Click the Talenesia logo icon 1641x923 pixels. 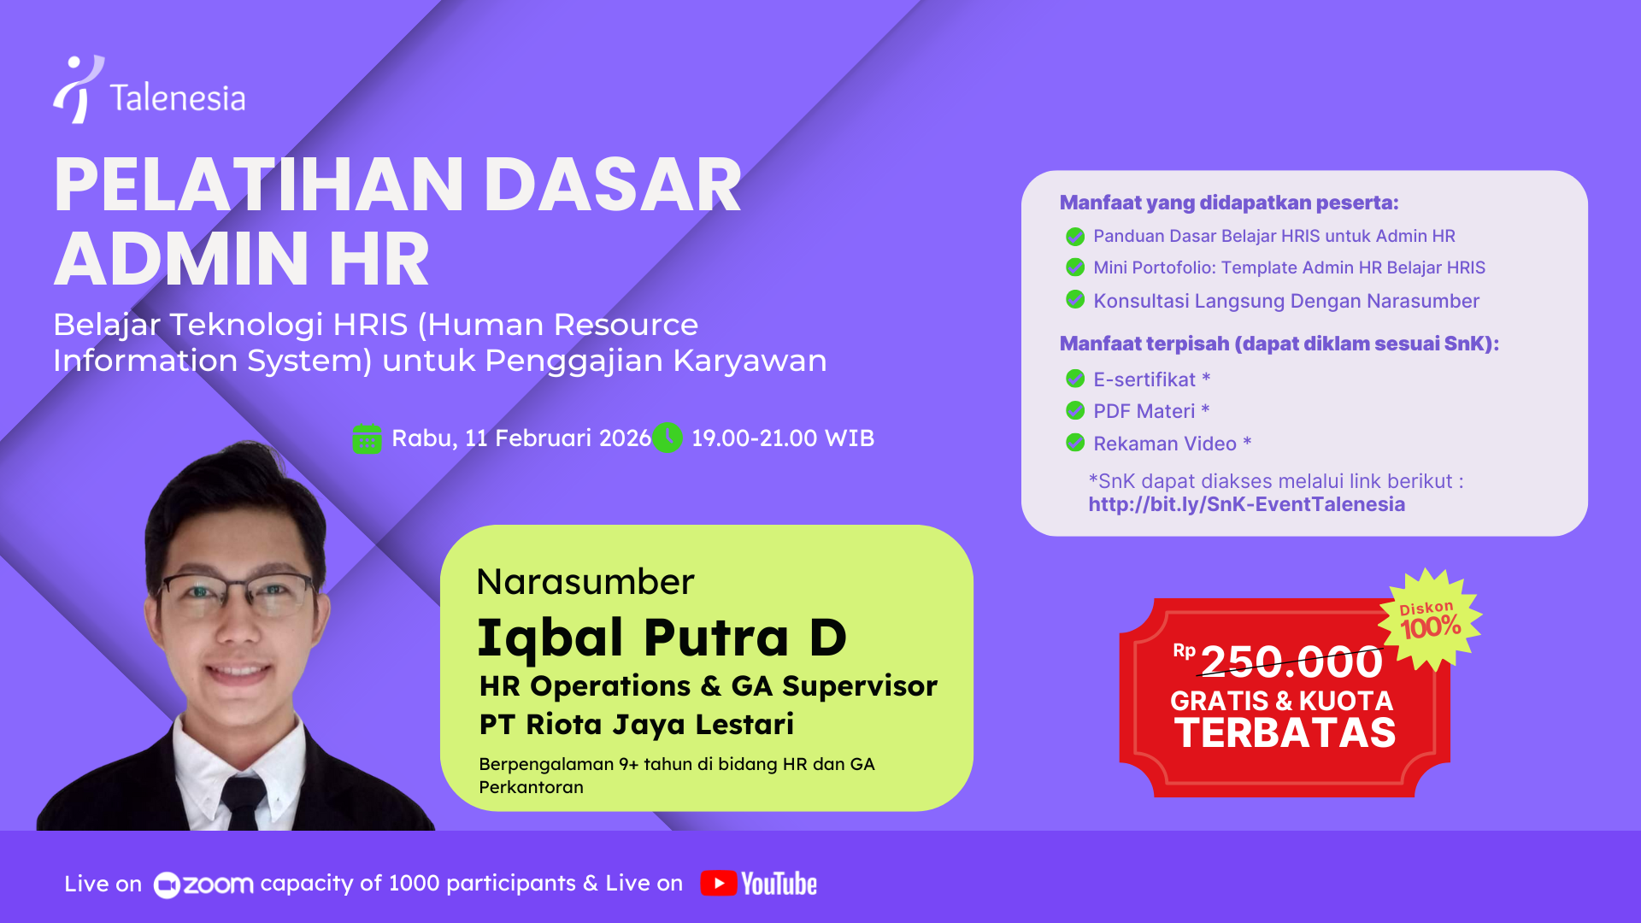coord(79,90)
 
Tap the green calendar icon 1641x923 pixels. coord(367,439)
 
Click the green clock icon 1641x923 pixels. coord(668,438)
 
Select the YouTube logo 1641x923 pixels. coord(759,884)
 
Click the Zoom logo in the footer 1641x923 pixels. coord(203,885)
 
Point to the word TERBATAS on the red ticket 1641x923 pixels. coord(1285,733)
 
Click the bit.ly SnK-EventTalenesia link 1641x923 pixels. coord(1246,504)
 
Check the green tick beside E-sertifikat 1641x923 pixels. coord(1075,379)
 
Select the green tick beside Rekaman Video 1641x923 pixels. coord(1075,443)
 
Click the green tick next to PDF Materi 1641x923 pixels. coord(1075,411)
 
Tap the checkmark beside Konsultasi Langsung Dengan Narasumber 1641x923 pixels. coord(1075,300)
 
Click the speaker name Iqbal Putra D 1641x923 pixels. coord(662,638)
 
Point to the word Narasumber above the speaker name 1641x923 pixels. coord(585,582)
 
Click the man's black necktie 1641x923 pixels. coord(241,803)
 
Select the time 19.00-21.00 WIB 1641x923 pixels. coord(782,438)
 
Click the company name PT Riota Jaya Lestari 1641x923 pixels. coord(636,725)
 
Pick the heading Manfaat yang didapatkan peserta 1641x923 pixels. coord(1228,203)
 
